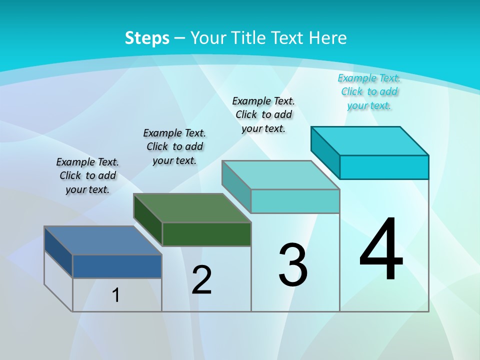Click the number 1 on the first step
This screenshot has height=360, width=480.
pyautogui.click(x=115, y=295)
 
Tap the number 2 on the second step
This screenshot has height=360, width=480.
pyautogui.click(x=201, y=279)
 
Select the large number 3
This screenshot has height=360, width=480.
pyautogui.click(x=292, y=265)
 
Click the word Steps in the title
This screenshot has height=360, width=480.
pyautogui.click(x=147, y=37)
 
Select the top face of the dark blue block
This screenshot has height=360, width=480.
pyautogui.click(x=103, y=240)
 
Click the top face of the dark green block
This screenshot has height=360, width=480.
pyautogui.click(x=192, y=208)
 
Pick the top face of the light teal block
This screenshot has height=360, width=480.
pyautogui.click(x=280, y=175)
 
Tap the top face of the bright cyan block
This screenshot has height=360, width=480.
pyautogui.click(x=370, y=141)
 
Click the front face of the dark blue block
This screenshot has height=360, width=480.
pyautogui.click(x=117, y=266)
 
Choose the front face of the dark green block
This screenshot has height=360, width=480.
pyautogui.click(x=206, y=234)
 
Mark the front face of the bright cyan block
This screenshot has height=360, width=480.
pyautogui.click(x=384, y=167)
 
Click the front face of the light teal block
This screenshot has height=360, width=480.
pyautogui.click(x=295, y=201)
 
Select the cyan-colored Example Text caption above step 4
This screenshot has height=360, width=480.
pyautogui.click(x=369, y=91)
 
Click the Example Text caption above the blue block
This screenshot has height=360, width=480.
pyautogui.click(x=87, y=175)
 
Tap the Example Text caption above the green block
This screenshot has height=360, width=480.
pyautogui.click(x=174, y=146)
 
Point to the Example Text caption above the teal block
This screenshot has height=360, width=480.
pyautogui.click(x=263, y=114)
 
